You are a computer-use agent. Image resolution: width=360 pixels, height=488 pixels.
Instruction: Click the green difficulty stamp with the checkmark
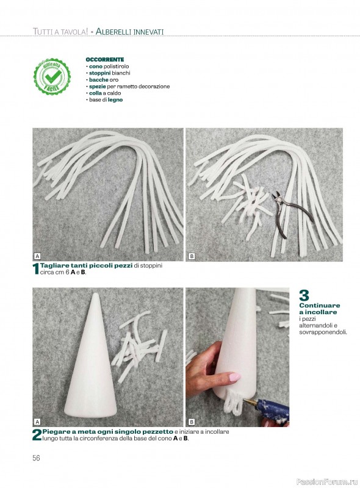(52, 76)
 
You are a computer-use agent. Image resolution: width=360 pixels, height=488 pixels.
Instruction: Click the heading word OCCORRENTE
(104, 59)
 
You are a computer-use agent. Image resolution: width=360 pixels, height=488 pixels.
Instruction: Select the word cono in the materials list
(96, 66)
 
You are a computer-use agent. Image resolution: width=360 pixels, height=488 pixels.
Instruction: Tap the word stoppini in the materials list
(99, 73)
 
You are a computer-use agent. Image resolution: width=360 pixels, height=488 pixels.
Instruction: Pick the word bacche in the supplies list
(98, 80)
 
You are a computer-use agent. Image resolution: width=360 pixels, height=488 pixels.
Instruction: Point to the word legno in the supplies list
(115, 100)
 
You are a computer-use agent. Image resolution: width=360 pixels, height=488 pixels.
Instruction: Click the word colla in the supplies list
(95, 93)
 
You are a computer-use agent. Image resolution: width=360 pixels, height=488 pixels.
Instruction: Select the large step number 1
(36, 269)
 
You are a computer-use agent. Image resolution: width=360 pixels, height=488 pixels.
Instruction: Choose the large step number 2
(37, 435)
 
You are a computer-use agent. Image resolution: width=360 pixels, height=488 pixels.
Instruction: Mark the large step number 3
(304, 295)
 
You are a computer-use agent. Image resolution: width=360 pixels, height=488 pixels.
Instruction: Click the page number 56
(36, 458)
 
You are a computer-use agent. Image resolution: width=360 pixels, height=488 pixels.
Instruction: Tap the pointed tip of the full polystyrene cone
(96, 294)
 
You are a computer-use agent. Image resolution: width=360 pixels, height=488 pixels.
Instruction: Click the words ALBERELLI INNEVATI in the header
(129, 32)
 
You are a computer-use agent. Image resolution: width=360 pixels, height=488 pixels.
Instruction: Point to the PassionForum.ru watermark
(327, 482)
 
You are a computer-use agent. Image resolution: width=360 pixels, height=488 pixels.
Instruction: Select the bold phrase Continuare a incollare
(320, 309)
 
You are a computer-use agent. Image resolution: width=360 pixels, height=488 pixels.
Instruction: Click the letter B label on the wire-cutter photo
(192, 256)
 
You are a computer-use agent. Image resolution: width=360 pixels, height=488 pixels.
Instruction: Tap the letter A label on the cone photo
(37, 422)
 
